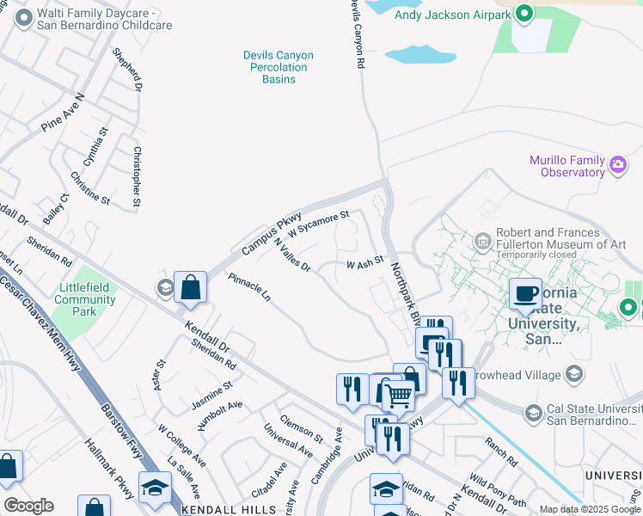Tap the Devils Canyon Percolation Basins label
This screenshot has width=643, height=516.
(x=278, y=67)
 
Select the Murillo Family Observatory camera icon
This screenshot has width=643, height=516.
(x=617, y=165)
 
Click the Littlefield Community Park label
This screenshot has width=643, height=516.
(x=84, y=300)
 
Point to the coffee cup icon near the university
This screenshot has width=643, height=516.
(x=526, y=293)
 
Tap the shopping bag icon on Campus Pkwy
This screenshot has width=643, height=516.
(x=190, y=288)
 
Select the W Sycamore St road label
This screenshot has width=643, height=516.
(x=320, y=224)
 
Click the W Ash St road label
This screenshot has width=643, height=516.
(x=364, y=263)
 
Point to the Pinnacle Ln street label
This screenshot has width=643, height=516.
(x=250, y=288)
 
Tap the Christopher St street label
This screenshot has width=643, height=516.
(x=137, y=176)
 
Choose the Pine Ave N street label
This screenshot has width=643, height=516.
(x=63, y=113)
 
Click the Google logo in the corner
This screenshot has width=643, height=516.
(x=28, y=506)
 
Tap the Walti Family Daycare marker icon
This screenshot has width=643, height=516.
(x=24, y=15)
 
